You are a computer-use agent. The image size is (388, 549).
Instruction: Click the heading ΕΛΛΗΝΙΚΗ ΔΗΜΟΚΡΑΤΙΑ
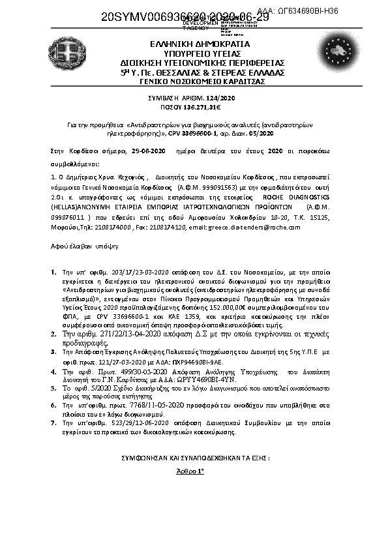[x=193, y=44]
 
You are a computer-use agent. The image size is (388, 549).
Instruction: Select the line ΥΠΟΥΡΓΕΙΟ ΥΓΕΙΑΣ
[x=193, y=53]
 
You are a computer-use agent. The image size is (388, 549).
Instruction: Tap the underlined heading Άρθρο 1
[x=192, y=470]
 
